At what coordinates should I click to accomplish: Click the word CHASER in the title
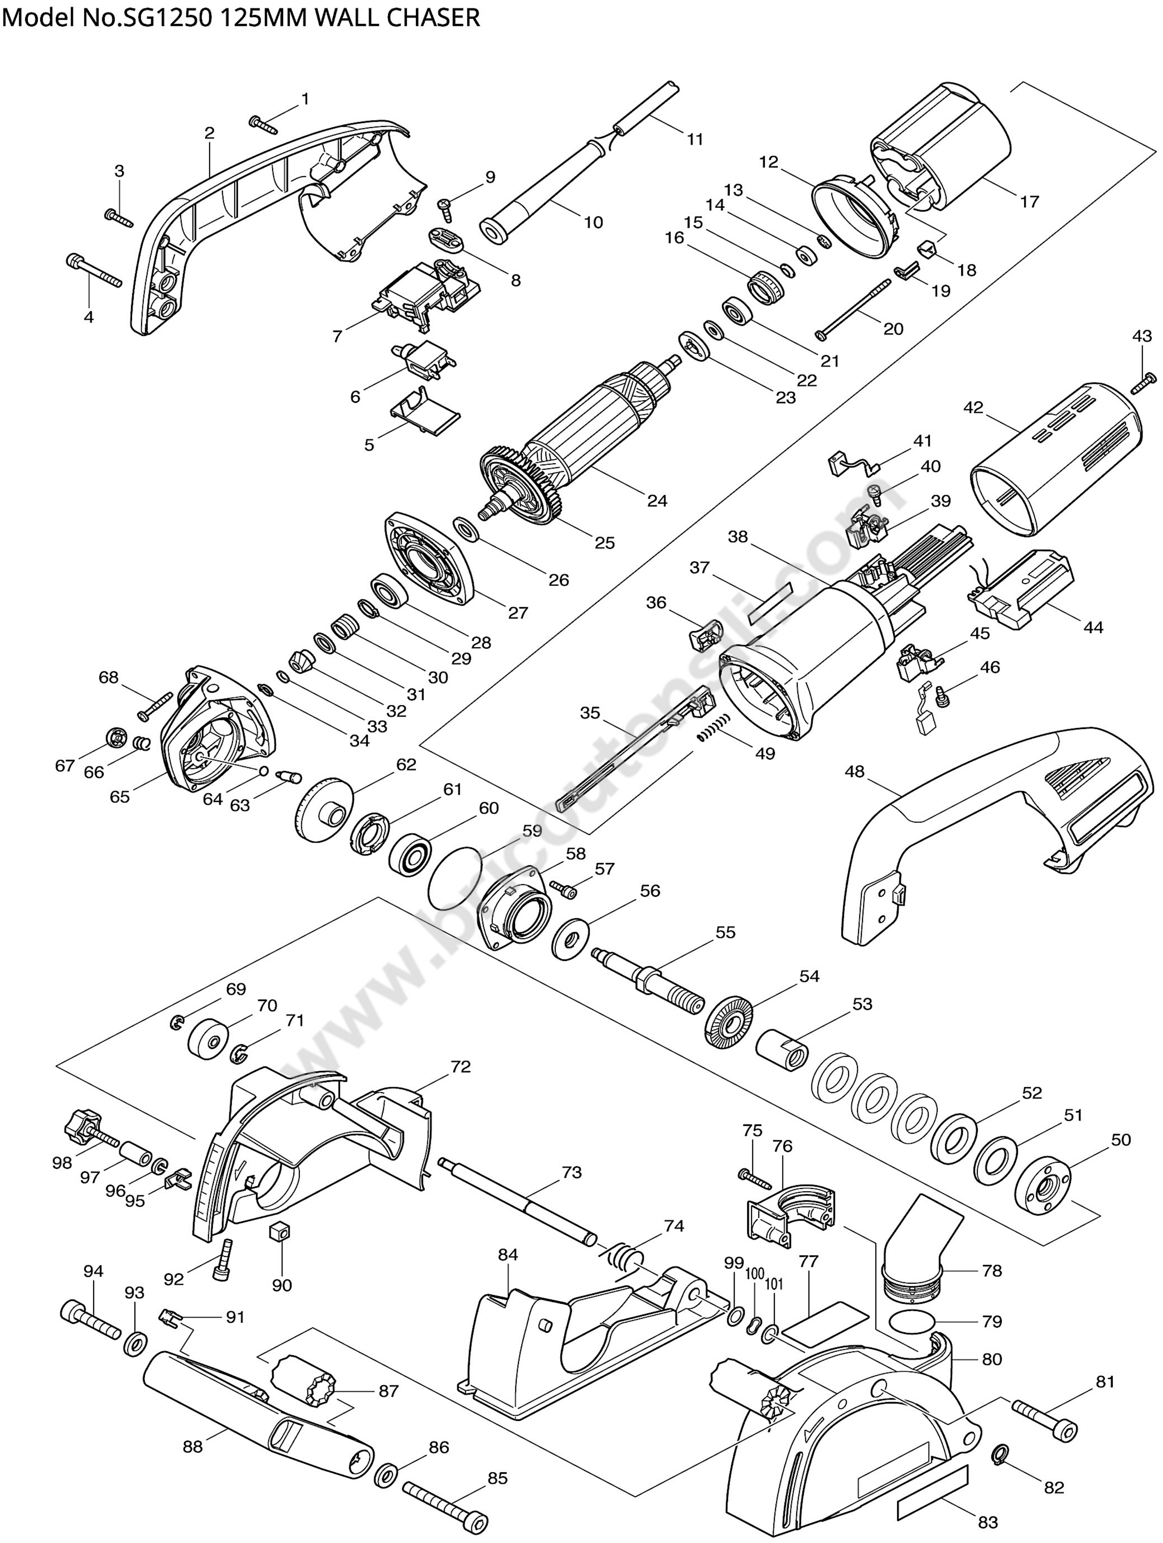click(x=430, y=17)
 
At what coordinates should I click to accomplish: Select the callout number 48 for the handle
click(x=854, y=771)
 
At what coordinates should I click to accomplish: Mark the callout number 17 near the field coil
click(x=1029, y=202)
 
